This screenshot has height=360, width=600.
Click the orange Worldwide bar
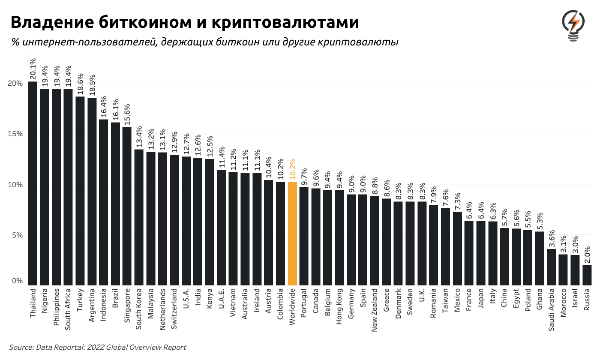pos(292,234)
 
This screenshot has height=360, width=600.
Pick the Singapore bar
pos(127,206)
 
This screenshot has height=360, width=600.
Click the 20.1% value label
pos(33,69)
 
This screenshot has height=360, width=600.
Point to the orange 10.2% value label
pos(292,169)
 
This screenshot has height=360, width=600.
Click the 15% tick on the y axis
pos(15,134)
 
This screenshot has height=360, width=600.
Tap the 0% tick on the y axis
pos(17,281)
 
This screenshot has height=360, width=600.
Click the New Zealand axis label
pos(375,310)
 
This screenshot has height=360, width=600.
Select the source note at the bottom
pos(98,347)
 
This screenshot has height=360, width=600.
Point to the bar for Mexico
pos(457,249)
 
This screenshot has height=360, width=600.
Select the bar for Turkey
pos(80,191)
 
